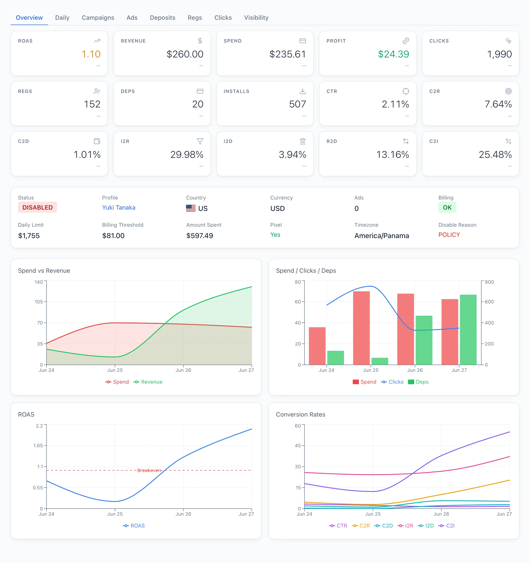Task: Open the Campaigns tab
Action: (x=98, y=18)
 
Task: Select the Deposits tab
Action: (x=162, y=18)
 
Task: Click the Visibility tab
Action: (x=256, y=18)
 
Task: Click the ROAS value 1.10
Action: (x=91, y=54)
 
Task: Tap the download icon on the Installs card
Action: (x=303, y=91)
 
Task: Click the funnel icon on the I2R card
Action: (x=200, y=141)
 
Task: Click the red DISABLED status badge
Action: (x=38, y=207)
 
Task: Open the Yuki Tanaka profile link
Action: (x=119, y=208)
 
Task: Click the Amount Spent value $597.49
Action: (x=200, y=236)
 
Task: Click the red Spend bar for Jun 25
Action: (x=361, y=328)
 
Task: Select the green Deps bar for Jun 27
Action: (x=468, y=330)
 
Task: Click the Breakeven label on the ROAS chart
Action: (x=149, y=470)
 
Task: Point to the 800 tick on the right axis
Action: (x=489, y=282)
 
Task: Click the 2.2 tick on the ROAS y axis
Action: (x=39, y=426)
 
